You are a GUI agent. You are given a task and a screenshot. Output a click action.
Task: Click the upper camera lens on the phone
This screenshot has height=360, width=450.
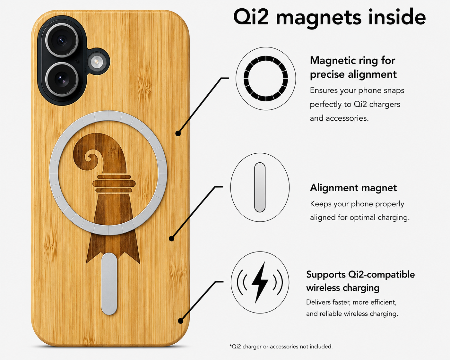[x=62, y=40]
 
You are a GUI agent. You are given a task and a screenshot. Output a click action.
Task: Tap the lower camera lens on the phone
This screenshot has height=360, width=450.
[x=62, y=79]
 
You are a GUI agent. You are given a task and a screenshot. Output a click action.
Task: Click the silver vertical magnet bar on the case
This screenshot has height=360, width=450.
[x=109, y=284]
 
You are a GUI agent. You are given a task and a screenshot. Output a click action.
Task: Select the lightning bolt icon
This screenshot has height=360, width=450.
[x=260, y=282]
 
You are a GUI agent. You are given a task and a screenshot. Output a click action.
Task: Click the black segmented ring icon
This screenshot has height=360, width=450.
[x=266, y=78]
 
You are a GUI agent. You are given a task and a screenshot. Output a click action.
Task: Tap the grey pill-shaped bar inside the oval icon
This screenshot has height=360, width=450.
[x=260, y=187]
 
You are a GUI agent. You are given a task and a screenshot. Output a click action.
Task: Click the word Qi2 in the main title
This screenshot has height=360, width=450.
[x=251, y=17]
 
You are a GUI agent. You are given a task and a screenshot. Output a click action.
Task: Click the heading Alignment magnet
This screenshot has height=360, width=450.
[x=353, y=188]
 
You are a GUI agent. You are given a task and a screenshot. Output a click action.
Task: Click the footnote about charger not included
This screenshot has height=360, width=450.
[x=281, y=347]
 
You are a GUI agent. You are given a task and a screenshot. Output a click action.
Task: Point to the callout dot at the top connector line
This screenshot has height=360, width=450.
[x=178, y=133]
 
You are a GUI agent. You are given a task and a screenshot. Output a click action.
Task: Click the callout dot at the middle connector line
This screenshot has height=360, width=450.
[x=171, y=238]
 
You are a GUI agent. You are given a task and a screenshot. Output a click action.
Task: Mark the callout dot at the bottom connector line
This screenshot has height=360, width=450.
[x=181, y=321]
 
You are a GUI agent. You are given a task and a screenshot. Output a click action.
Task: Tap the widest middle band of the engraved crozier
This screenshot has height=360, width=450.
[x=114, y=184]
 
